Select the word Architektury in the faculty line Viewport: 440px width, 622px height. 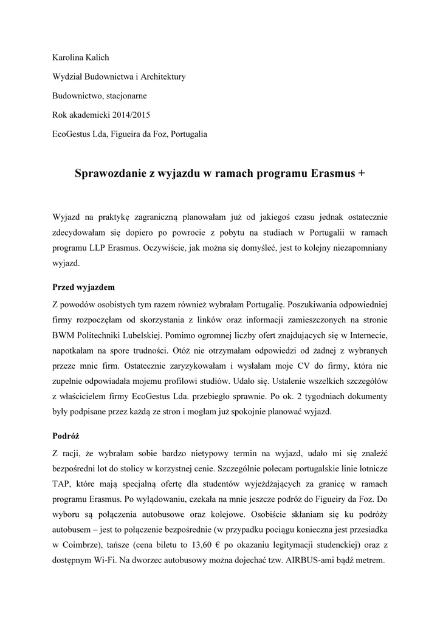(x=163, y=77)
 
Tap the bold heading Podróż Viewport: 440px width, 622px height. (x=66, y=436)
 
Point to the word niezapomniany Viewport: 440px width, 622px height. (x=352, y=249)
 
